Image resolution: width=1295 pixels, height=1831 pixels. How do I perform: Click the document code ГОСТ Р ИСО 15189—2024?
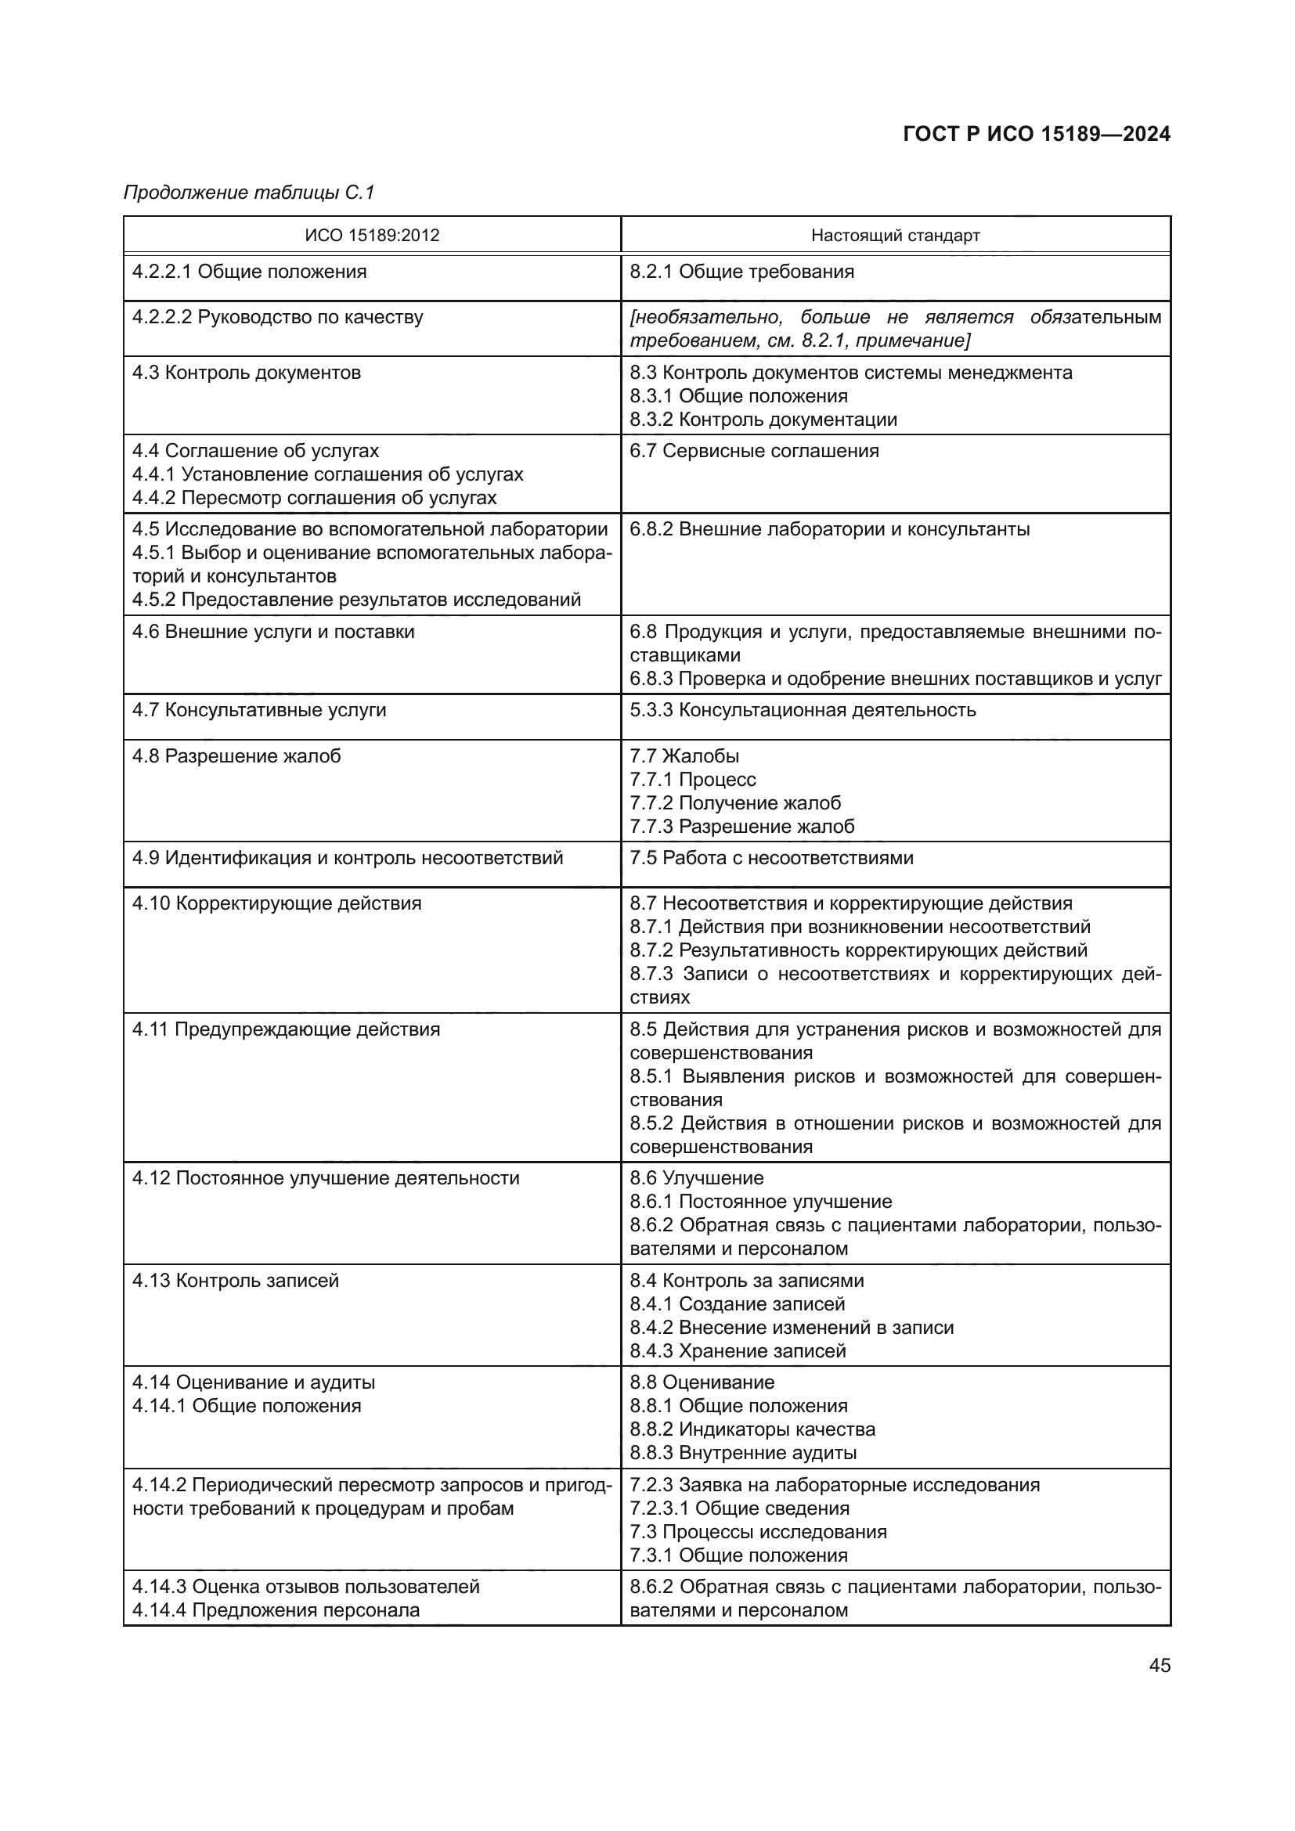coord(1036,134)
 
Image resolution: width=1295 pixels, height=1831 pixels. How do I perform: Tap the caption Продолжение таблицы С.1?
coord(249,193)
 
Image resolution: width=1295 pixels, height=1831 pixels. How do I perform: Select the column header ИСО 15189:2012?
coord(372,236)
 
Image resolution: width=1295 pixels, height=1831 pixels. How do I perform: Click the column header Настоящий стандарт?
coord(895,236)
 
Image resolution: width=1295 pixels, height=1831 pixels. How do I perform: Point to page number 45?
coord(1160,1665)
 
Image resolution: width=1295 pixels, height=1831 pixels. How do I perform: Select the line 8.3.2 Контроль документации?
coord(763,420)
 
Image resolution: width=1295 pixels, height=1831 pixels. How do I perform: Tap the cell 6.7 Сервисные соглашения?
coord(753,452)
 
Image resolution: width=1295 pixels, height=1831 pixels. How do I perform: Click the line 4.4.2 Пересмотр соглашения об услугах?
coord(314,499)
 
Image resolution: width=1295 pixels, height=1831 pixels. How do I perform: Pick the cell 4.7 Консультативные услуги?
coord(259,710)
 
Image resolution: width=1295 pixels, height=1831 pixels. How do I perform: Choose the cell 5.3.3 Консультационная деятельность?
coord(803,710)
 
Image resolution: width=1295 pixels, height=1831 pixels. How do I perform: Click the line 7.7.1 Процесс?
coord(692,779)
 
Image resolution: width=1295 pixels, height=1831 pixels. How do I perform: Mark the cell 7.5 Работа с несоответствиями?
coord(771,858)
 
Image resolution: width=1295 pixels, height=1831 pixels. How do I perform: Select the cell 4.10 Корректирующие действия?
coord(276,903)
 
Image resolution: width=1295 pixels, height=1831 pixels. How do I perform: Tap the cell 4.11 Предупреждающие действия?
coord(286,1029)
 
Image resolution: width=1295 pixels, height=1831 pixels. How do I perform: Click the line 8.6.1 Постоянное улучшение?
coord(761,1202)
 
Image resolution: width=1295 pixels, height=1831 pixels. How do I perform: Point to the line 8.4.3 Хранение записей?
coord(738,1351)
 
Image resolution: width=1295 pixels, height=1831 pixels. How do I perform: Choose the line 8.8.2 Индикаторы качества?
coord(752,1429)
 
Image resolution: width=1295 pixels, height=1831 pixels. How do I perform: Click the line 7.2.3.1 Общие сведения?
coord(739,1508)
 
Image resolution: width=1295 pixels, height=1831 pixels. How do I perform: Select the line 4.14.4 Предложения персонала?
coord(276,1610)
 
